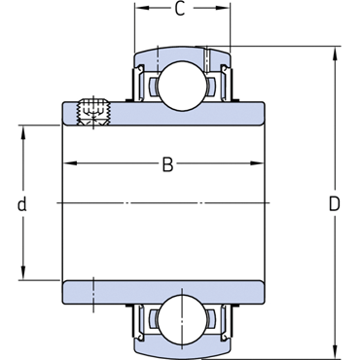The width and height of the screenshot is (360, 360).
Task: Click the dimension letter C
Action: coord(180,9)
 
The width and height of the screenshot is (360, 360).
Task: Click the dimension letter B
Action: coord(167,164)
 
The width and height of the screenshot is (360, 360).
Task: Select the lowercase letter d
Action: coord(21,204)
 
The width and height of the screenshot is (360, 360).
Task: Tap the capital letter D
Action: coord(335,204)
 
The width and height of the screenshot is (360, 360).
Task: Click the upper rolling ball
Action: coord(182,86)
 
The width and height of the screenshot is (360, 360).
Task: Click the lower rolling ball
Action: coord(182,320)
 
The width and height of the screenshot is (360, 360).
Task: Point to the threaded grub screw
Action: coord(93,112)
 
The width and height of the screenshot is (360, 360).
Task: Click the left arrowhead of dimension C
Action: coord(141,8)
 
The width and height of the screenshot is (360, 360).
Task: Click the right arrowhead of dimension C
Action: coord(224,8)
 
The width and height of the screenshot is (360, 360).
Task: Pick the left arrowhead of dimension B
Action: coord(69,163)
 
